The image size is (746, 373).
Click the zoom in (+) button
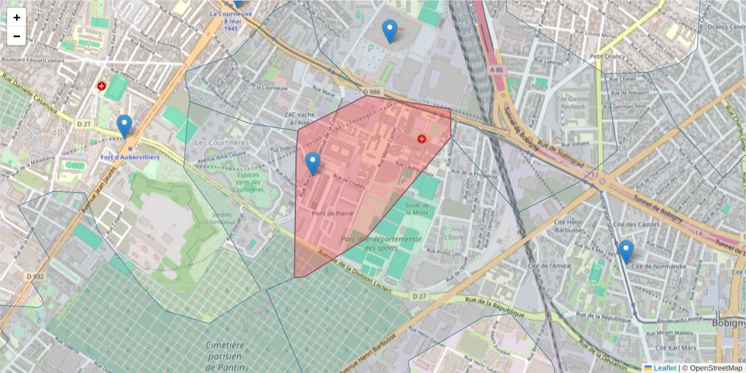(17, 17)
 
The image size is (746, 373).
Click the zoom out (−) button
(17, 36)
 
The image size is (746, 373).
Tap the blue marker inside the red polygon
(313, 163)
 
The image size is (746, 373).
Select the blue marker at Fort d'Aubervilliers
(124, 126)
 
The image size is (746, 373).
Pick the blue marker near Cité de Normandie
(626, 251)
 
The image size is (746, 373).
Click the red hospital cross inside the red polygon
(422, 139)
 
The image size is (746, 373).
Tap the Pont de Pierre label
(333, 213)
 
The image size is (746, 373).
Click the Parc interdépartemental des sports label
(381, 244)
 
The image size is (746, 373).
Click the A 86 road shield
(496, 70)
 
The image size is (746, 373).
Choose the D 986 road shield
(371, 92)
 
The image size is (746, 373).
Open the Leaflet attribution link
(664, 368)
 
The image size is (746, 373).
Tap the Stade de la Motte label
(417, 209)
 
